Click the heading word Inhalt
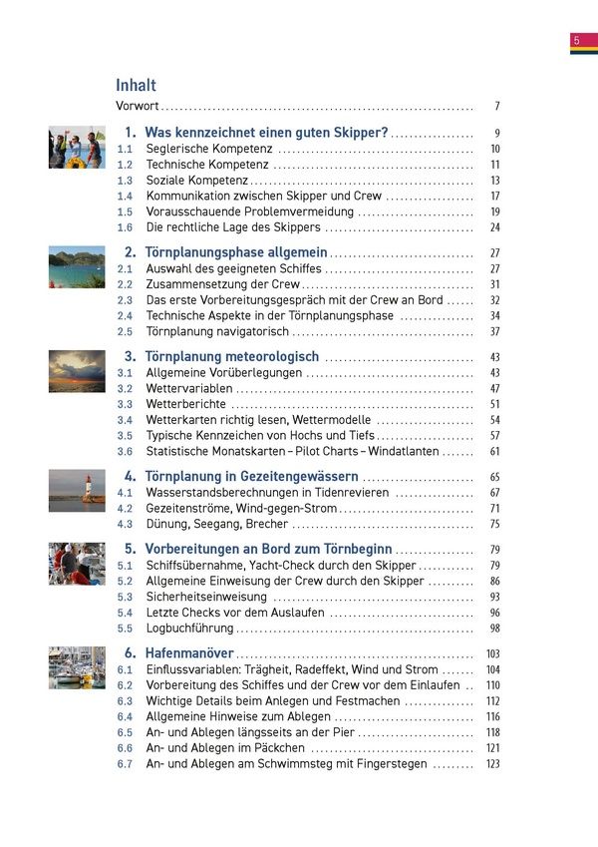[136, 85]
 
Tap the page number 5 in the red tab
[576, 40]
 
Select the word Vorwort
[138, 106]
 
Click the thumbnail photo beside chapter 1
[77, 148]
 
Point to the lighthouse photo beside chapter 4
[77, 493]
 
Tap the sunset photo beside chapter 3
[77, 371]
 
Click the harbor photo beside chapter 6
[77, 667]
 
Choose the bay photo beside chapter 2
[77, 268]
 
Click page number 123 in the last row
[492, 764]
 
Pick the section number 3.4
[125, 420]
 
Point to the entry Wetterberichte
[186, 404]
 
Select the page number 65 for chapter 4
[494, 477]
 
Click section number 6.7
[125, 764]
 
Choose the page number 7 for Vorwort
[496, 106]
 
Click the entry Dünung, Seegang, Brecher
[216, 524]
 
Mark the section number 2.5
[125, 332]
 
